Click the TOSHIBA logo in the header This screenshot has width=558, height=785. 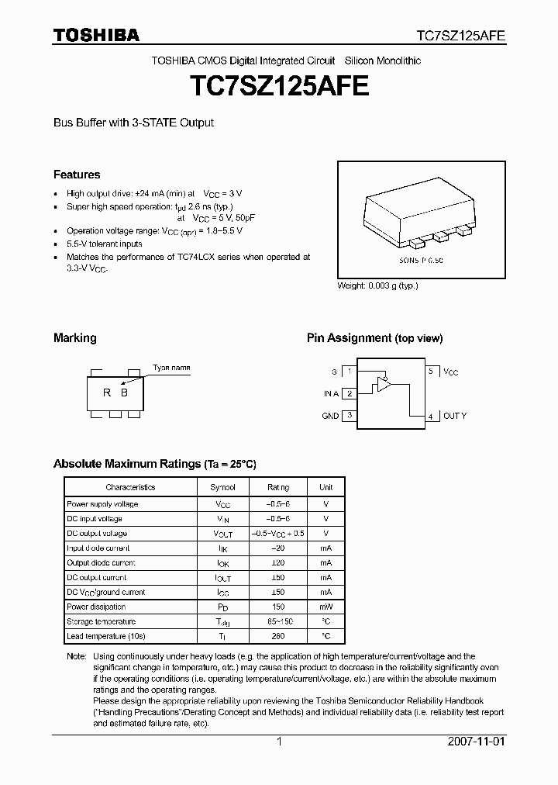(x=96, y=35)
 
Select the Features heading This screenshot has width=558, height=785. (x=77, y=175)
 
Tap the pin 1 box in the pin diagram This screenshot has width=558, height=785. (x=350, y=372)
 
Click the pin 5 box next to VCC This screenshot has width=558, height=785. (x=431, y=372)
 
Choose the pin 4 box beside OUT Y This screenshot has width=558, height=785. (x=431, y=416)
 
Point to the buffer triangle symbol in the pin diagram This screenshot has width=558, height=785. (x=383, y=384)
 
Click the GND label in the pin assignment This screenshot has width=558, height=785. (x=330, y=417)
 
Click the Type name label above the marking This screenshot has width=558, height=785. (x=171, y=368)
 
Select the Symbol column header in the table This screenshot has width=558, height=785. (x=222, y=487)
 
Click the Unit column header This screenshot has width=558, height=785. (x=325, y=487)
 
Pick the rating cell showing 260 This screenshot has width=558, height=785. (x=278, y=637)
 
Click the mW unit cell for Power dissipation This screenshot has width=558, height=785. (x=325, y=607)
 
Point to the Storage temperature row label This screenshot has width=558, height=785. (x=102, y=622)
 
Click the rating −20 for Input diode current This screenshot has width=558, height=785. (x=278, y=548)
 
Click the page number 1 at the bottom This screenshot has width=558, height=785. (x=278, y=742)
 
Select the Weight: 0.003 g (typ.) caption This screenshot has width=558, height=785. (x=377, y=285)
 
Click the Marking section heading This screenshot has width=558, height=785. (x=75, y=338)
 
